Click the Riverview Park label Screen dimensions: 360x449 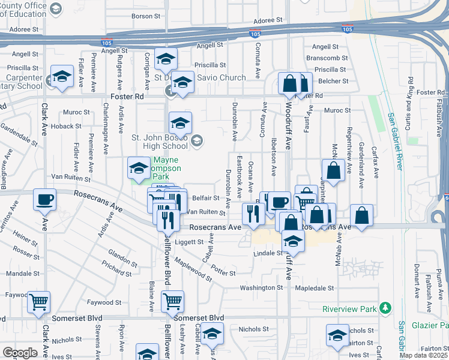tap(349, 309)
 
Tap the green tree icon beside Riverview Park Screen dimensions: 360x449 tap(384, 309)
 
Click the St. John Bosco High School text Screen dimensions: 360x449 tap(160, 142)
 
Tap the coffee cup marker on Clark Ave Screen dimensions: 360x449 tap(44, 199)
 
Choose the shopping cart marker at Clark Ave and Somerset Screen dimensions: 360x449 tap(39, 302)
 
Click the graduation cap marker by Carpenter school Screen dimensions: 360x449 tap(61, 77)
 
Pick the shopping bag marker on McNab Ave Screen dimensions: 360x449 tap(333, 170)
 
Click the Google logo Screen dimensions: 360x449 tap(20, 352)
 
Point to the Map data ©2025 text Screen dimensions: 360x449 tap(423, 355)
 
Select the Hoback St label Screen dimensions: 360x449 tap(66, 127)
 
